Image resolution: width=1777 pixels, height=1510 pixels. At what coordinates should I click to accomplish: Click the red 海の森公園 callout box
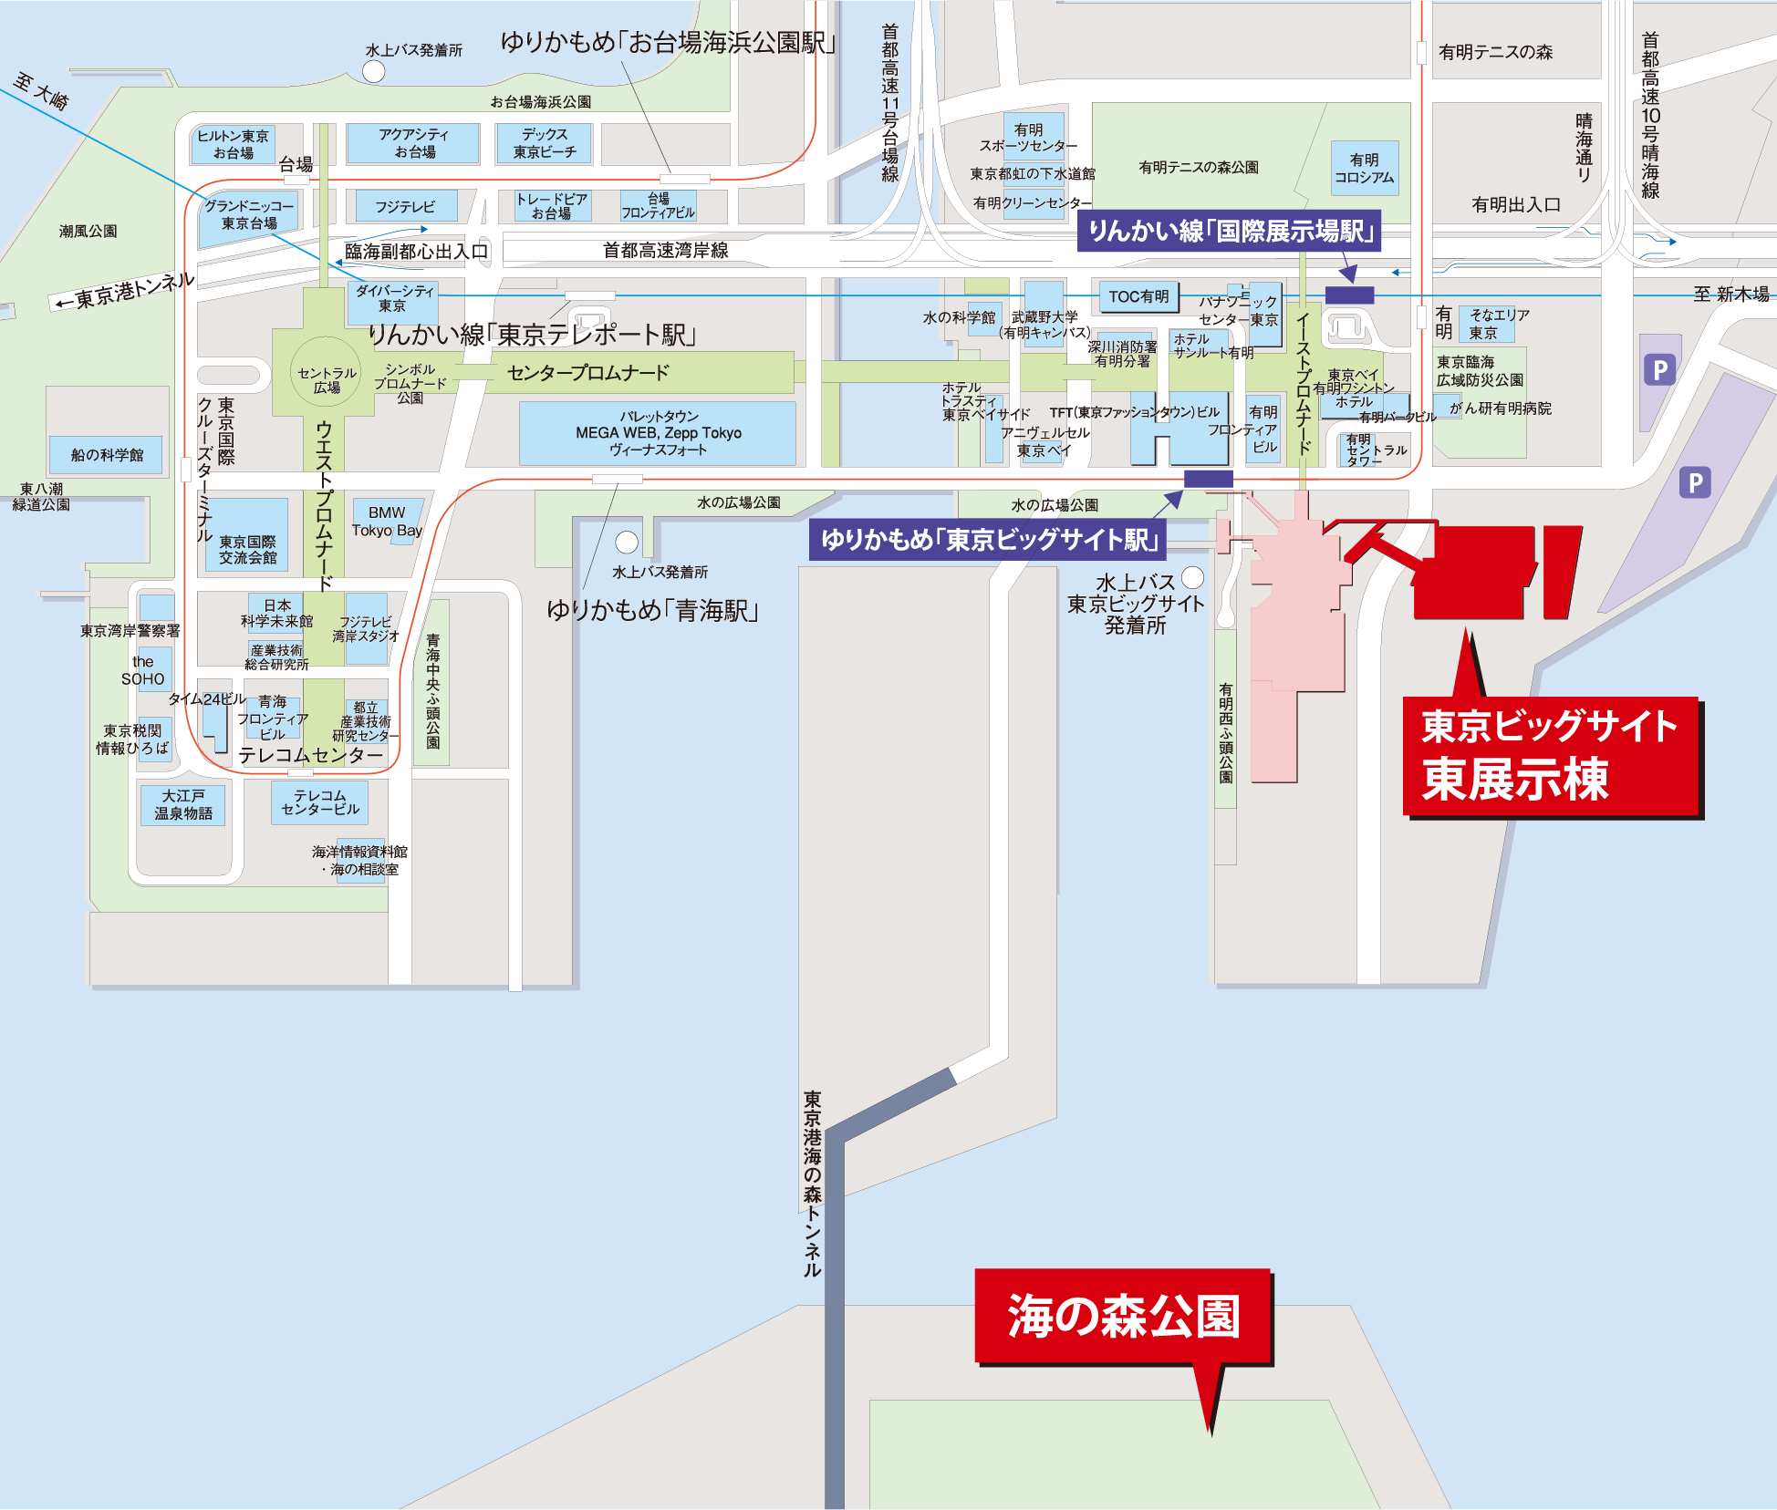coord(1123,1316)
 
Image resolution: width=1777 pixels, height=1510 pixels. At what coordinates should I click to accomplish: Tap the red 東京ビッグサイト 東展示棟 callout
coord(1551,755)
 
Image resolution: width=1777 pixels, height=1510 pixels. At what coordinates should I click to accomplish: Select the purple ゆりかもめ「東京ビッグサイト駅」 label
coord(988,540)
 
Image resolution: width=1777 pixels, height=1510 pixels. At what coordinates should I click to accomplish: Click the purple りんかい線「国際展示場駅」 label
coord(1230,231)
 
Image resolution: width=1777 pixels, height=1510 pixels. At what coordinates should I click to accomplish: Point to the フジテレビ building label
coord(405,207)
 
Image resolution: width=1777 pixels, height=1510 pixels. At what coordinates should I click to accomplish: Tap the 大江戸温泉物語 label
coord(183,804)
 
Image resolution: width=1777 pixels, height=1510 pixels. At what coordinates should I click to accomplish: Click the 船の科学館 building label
coord(107,454)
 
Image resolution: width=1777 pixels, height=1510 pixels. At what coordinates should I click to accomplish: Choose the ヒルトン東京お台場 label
coord(234,144)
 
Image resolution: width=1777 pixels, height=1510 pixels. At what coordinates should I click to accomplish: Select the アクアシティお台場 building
coord(414,143)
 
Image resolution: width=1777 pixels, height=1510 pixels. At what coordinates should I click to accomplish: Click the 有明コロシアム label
coord(1364,169)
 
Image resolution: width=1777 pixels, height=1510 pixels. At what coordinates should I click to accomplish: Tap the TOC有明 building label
coord(1138,296)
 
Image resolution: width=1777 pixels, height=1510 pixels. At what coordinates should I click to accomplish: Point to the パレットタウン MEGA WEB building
coord(658,433)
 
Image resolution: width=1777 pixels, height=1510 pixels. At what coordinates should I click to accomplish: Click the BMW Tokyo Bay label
coord(387,522)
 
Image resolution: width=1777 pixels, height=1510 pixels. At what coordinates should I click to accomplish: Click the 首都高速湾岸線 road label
coord(665,250)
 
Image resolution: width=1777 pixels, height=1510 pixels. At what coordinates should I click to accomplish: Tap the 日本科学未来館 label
coord(276,613)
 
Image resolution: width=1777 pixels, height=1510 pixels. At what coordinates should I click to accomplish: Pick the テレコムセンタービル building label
coord(320,802)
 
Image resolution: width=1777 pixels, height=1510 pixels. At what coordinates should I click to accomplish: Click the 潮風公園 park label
coord(88,231)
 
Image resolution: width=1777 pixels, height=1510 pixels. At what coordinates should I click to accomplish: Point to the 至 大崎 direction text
coord(41,92)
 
